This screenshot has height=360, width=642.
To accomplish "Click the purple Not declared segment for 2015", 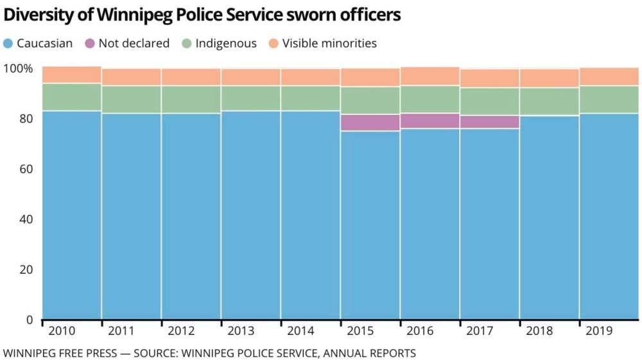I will click(x=370, y=123).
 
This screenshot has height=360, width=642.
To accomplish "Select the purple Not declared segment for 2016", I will click(x=429, y=121).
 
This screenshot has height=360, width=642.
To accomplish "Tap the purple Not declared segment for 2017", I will click(x=489, y=122).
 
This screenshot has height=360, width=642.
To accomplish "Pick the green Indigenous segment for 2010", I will click(x=71, y=97).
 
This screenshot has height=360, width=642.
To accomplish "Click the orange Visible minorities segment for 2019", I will click(x=609, y=76).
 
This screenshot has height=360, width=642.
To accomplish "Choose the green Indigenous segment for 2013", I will click(x=250, y=98).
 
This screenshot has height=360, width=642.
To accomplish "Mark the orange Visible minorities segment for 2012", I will click(x=191, y=77).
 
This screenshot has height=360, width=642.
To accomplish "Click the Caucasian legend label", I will click(x=45, y=44).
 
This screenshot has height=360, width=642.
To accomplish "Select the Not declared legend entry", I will click(x=134, y=44).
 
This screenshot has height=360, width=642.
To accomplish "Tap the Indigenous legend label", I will click(x=226, y=44).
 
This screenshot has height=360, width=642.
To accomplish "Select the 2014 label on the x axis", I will click(x=300, y=331).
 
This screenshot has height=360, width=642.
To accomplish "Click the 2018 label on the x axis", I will click(x=539, y=331).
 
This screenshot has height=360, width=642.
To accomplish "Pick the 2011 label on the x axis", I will click(x=121, y=331).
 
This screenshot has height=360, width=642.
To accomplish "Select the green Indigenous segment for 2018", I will click(x=549, y=101).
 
